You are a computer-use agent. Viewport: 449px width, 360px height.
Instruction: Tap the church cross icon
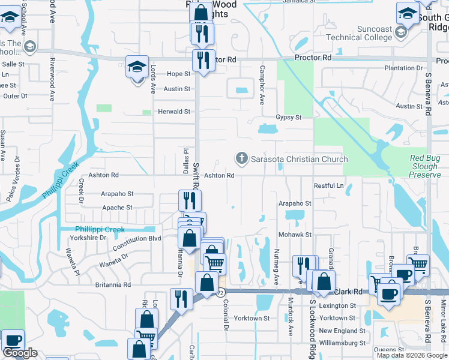[x=242, y=158]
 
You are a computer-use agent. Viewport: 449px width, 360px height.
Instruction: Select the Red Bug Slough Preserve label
[x=425, y=166]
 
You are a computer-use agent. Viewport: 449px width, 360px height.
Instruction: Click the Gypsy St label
[x=288, y=118]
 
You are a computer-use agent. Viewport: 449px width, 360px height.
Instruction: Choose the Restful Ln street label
[x=330, y=186]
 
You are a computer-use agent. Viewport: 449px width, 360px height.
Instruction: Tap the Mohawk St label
[x=295, y=235]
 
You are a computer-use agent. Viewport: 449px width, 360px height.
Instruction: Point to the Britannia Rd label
[x=113, y=284]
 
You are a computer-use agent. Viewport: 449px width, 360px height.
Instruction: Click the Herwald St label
[x=173, y=112]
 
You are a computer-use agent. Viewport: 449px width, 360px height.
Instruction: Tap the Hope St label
[x=178, y=74]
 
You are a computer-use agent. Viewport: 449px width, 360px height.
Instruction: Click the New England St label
[x=342, y=331]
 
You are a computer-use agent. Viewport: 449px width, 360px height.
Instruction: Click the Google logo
[x=20, y=353]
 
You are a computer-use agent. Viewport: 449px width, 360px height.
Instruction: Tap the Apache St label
[x=116, y=208]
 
